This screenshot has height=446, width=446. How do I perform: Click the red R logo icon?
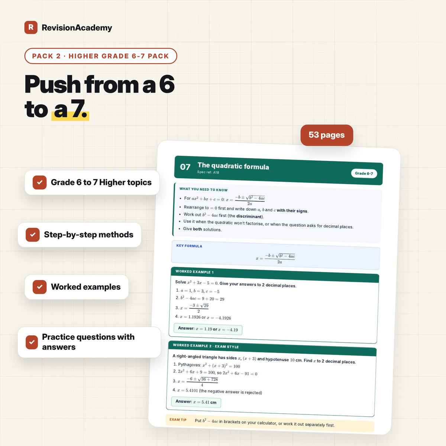pos(31,27)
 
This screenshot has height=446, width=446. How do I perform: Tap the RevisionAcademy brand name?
pos(77,28)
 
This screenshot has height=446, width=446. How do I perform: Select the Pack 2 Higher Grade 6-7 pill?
pos(101,56)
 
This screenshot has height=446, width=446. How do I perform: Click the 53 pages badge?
pos(327,135)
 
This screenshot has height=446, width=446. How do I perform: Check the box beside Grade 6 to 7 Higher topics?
pos(39,182)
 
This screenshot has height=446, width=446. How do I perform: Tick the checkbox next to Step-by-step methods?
pos(33,235)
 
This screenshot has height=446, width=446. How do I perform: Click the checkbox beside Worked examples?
pos(39,287)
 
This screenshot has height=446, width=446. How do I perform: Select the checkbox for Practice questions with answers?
pos(32,342)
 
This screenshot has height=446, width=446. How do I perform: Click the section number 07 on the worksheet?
pos(185,167)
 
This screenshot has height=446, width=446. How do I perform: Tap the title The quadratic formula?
pos(233,166)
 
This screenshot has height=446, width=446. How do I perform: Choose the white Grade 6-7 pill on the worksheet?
pos(364,173)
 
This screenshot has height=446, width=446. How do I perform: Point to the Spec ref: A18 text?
pos(208,172)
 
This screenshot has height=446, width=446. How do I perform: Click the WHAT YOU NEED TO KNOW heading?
pos(203,189)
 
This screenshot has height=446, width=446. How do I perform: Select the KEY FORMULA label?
pos(189,246)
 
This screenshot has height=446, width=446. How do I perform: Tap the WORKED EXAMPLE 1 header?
pos(194,272)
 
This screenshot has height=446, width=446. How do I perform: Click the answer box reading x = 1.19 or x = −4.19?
pos(208,329)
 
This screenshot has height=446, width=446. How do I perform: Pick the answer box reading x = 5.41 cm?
pos(196,402)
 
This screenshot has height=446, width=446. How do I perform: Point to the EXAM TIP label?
pos(178,420)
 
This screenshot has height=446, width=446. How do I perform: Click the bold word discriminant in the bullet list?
pos(249,216)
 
